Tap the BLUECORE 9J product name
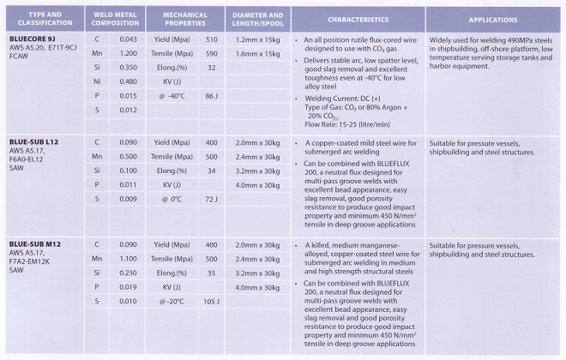pos(33,39)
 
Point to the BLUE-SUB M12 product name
pos(35,243)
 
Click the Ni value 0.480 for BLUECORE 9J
pos(129,81)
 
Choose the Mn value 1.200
pos(129,53)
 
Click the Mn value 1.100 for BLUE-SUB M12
pos(129,258)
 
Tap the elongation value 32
pos(211,68)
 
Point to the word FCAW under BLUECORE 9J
pos(20,59)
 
